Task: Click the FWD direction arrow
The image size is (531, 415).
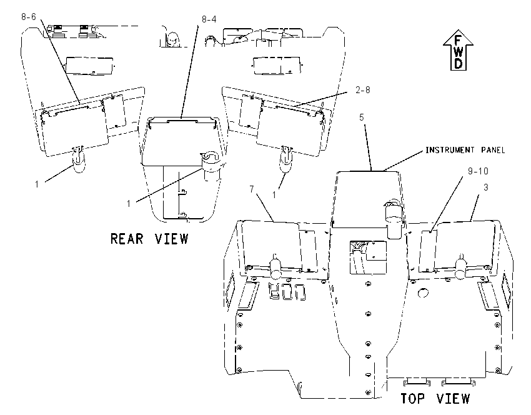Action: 458,50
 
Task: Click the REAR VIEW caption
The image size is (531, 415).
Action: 149,239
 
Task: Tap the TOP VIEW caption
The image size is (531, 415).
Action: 435,398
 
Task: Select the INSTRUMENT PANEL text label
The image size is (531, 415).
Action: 465,150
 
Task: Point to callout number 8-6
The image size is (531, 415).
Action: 29,17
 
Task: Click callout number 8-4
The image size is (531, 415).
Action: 209,19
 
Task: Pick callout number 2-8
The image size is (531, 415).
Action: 363,90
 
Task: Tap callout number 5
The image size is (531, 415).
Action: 362,117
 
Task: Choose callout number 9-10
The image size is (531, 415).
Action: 478,171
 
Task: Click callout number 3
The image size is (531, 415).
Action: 485,187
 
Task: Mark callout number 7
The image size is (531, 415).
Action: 252,189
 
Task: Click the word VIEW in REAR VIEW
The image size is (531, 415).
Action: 172,239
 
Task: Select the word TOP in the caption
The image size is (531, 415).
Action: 412,398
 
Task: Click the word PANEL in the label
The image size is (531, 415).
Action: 493,150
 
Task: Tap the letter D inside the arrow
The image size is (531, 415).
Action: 458,63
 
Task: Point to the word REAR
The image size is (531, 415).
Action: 127,239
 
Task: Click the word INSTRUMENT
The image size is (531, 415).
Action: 450,150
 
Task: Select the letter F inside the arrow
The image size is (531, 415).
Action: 458,41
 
